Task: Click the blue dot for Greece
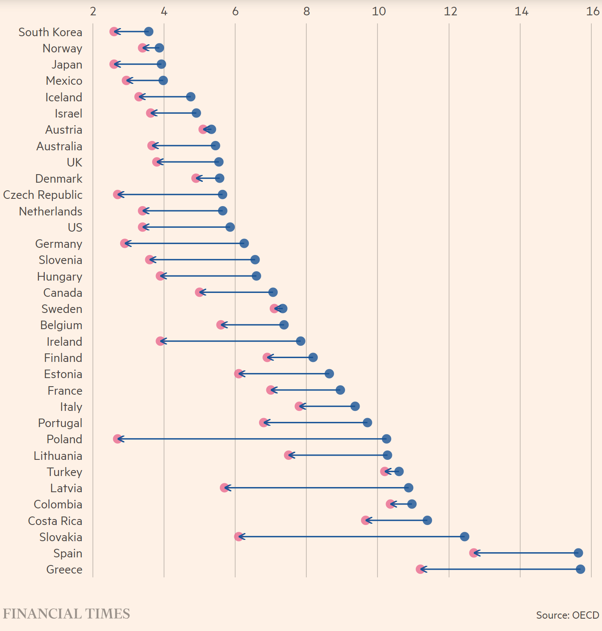(580, 569)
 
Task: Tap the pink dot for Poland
(118, 439)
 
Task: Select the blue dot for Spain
(578, 553)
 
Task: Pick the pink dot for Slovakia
(239, 536)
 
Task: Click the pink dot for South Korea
(114, 32)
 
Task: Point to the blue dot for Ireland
(301, 341)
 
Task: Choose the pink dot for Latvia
(225, 488)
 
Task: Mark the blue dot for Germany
(244, 244)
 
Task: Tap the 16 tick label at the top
(593, 11)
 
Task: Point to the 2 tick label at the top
(93, 11)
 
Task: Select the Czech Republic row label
(43, 195)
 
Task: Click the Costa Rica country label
(55, 521)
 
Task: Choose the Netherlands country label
(51, 211)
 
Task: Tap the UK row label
(75, 162)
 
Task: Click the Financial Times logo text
(66, 614)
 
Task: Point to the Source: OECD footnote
(567, 615)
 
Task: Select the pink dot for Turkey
(385, 471)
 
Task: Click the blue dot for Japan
(161, 64)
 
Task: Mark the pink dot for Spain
(474, 553)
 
